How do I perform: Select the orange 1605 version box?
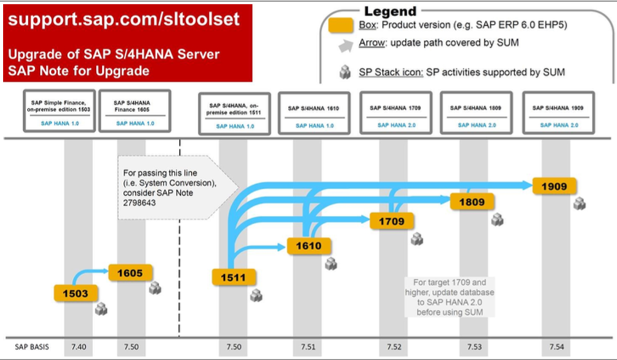click(x=129, y=272)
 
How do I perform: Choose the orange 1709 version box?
click(x=392, y=222)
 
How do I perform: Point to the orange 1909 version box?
click(x=554, y=186)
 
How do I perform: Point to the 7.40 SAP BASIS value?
click(x=78, y=347)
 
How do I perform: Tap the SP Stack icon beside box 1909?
click(x=580, y=204)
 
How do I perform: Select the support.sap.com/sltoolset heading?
click(x=124, y=19)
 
